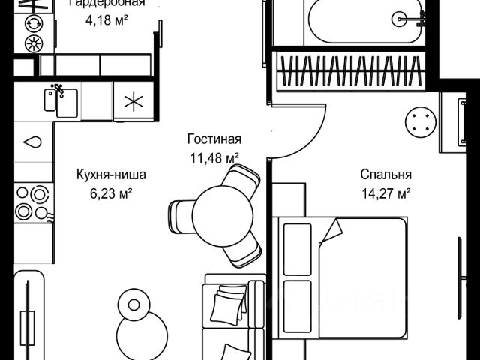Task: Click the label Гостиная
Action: pos(214,139)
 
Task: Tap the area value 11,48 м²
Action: pos(214,157)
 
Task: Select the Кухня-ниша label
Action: pos(111,175)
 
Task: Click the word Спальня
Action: pos(386,175)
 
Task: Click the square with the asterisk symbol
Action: pos(133,101)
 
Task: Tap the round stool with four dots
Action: pos(418,121)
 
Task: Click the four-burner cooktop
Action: pos(31,201)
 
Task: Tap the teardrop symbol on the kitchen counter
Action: pos(32,141)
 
